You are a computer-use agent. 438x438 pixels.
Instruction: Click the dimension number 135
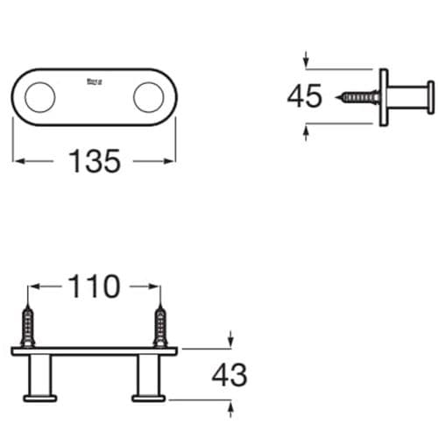(95, 161)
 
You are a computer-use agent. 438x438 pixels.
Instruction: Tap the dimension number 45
(305, 95)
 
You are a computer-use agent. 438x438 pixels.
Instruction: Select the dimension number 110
(95, 286)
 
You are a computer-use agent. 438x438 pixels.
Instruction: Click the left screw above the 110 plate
(30, 326)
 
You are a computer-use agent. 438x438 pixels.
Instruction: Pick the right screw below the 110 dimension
(159, 326)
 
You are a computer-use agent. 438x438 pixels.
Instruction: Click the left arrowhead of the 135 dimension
(18, 160)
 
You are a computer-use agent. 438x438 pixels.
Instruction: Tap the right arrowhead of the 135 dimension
(171, 160)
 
